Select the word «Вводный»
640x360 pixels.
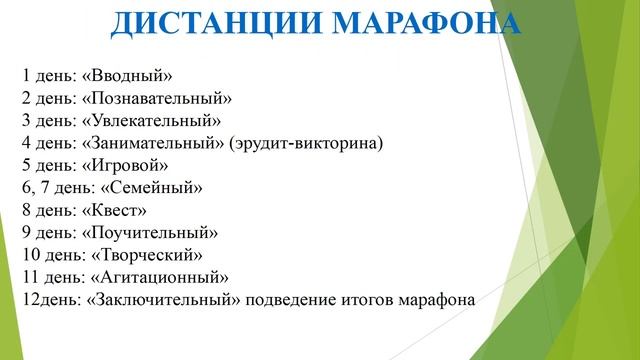coord(130,76)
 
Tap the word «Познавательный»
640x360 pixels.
coord(159,98)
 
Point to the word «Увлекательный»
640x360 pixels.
coord(152,121)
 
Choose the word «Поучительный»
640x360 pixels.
coord(152,232)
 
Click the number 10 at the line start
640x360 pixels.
coord(28,255)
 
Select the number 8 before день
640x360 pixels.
coord(24,210)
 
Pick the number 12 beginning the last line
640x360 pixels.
coord(28,299)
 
